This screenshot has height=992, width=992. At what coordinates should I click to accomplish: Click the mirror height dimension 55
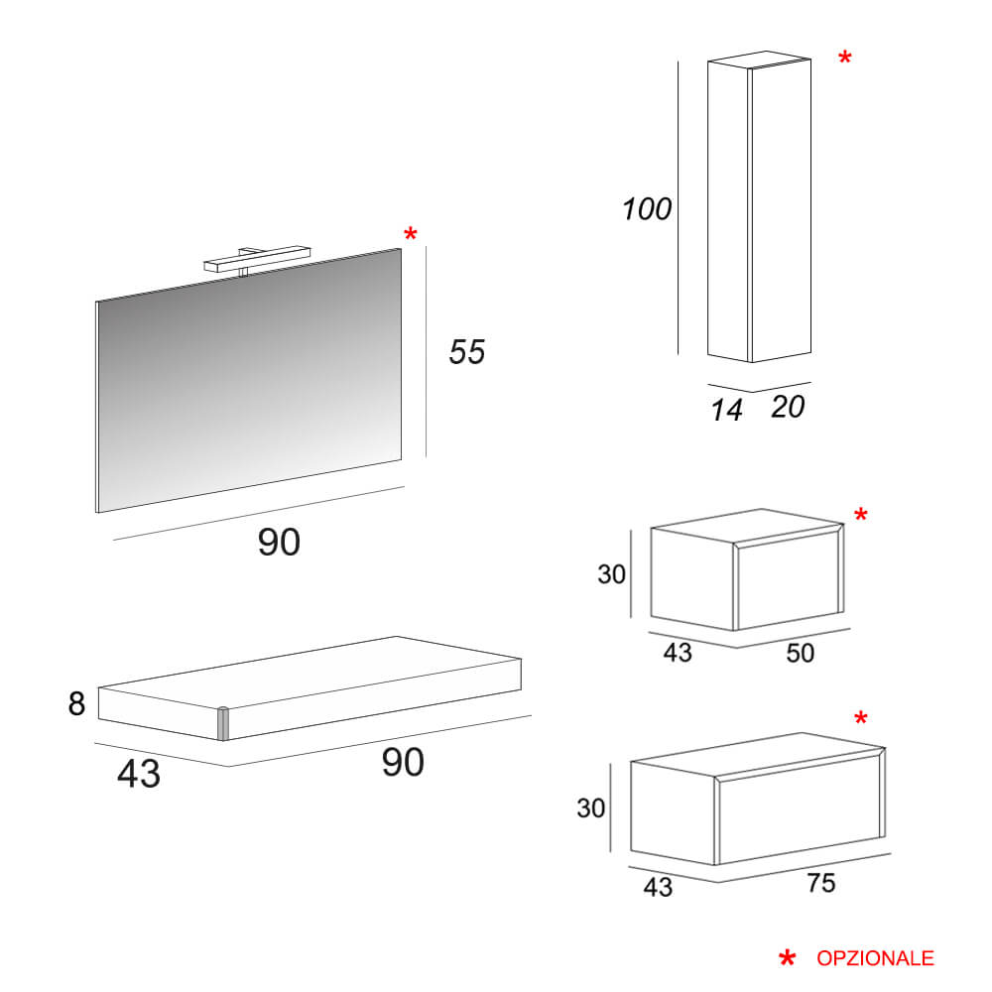coord(467,351)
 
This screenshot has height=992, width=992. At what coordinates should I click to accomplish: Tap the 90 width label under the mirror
coord(279,542)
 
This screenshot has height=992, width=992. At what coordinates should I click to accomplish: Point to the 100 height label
coord(647,209)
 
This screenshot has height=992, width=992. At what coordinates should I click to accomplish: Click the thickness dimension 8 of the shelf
coord(77,703)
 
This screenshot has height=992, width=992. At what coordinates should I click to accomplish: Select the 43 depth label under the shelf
coord(139,774)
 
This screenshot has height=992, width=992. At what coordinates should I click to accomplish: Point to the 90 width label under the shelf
coord(403,762)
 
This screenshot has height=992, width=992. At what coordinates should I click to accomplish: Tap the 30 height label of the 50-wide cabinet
coord(612,574)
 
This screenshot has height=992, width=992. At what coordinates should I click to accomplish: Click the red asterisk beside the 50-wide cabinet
coord(860,516)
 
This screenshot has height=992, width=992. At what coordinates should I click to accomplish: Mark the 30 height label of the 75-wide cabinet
coord(592,808)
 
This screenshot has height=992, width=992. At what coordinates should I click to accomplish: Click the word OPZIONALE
coord(875,958)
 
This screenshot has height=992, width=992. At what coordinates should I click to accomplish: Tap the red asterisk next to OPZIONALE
coord(788,958)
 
